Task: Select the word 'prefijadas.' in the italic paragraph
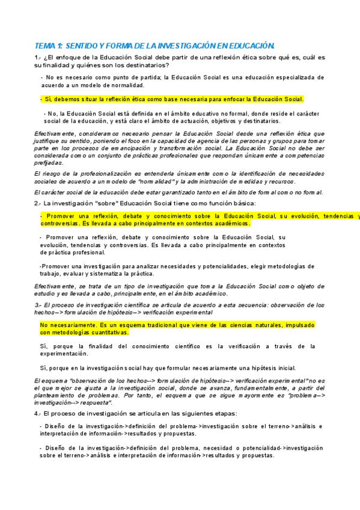click(x=49, y=162)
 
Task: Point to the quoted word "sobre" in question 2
click(x=107, y=204)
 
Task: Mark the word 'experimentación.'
click(x=64, y=354)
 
